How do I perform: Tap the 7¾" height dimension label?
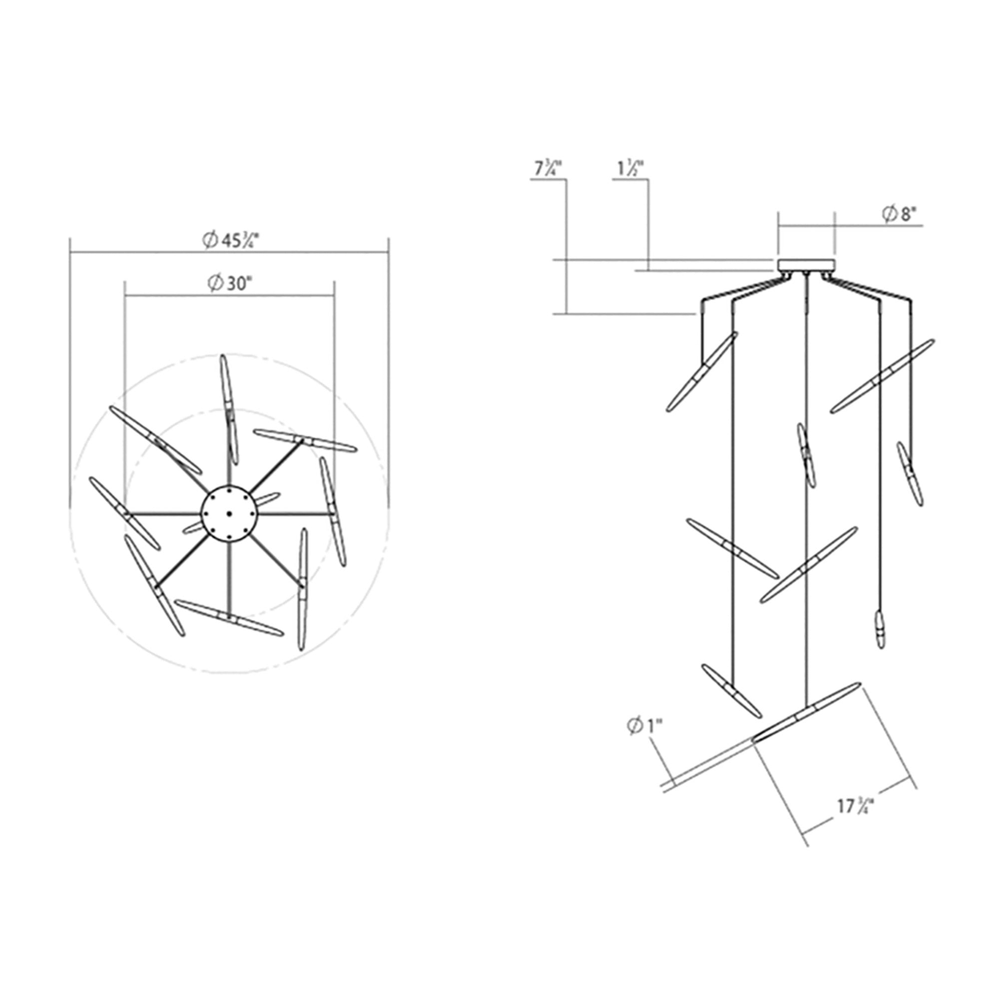point(547,169)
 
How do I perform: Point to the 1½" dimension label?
point(630,169)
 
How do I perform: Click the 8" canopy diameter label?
point(902,215)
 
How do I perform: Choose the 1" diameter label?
point(644,726)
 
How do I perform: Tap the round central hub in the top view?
point(228,513)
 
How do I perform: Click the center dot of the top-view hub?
point(228,513)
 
